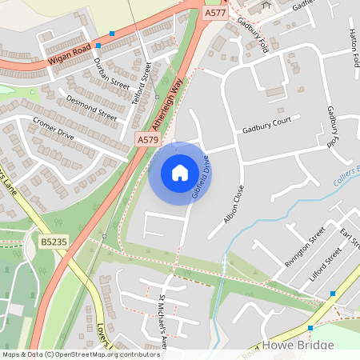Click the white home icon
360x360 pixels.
[179, 173]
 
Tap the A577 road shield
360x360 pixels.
[214, 13]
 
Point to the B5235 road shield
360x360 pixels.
[51, 239]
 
